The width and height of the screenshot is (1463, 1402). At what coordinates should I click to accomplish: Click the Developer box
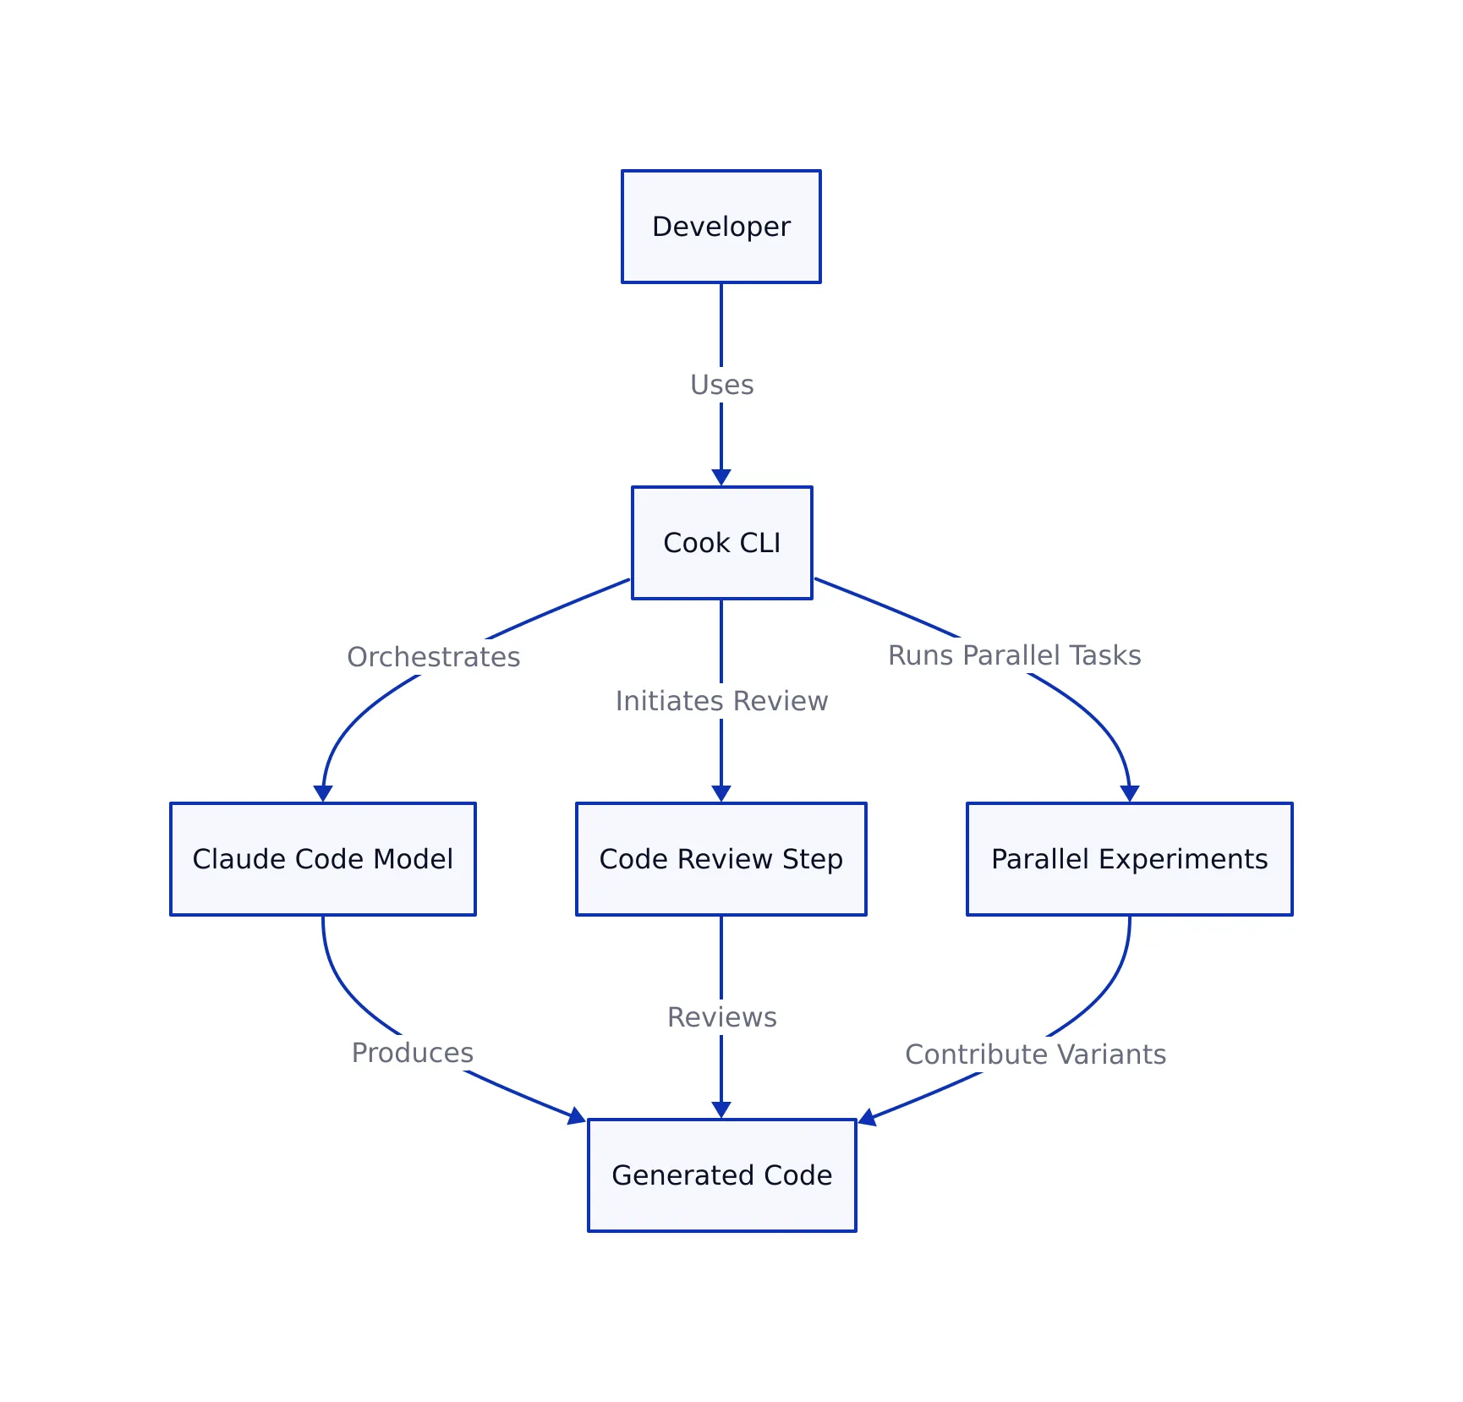[x=721, y=227]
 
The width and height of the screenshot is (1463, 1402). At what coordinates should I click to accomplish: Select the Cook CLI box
[x=721, y=543]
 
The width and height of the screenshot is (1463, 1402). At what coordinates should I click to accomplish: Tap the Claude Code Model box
[x=322, y=859]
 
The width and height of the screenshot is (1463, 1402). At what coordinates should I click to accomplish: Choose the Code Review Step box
[x=721, y=859]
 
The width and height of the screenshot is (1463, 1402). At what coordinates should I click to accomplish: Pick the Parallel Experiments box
[x=1129, y=859]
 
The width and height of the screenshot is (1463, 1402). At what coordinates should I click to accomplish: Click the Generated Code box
[x=721, y=1175]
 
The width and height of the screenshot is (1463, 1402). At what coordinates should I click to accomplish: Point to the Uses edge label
[x=721, y=385]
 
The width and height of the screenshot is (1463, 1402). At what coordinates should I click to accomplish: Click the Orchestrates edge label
[x=433, y=657]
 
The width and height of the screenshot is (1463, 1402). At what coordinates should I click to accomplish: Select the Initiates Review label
[x=721, y=701]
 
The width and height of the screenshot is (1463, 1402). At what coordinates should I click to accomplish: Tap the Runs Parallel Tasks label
[x=1014, y=655]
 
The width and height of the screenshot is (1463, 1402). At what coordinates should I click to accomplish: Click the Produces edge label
[x=412, y=1053]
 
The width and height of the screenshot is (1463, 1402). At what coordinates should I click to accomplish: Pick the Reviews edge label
[x=721, y=1017]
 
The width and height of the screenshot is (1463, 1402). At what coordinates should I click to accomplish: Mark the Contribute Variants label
[x=1035, y=1054]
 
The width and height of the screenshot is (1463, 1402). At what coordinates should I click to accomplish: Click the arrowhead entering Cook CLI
[x=721, y=478]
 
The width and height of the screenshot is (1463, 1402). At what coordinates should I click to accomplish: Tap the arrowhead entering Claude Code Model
[x=323, y=793]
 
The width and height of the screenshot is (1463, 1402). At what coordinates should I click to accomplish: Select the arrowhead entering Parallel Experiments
[x=1130, y=793]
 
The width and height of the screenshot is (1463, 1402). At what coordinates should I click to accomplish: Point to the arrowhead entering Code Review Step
[x=721, y=793]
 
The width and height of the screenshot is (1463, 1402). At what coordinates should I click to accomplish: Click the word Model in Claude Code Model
[x=414, y=859]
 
